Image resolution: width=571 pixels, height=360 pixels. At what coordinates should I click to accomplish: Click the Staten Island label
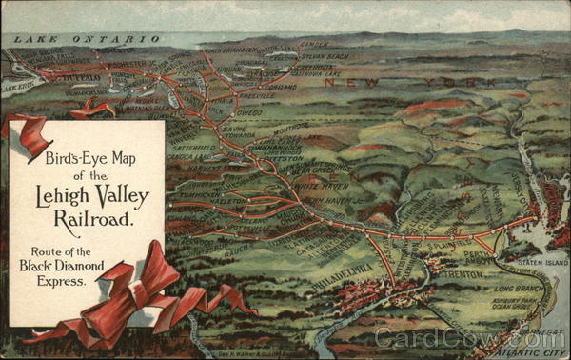click(542, 261)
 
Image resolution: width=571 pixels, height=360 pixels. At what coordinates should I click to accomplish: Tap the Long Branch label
click(520, 288)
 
